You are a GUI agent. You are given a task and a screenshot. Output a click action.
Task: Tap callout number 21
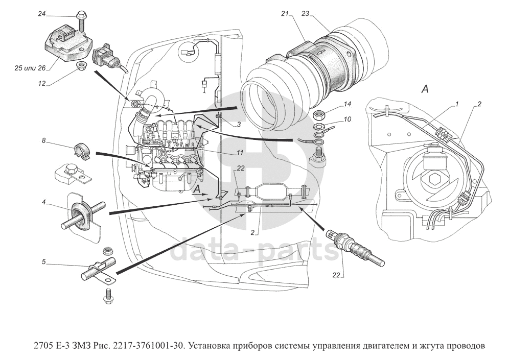285,14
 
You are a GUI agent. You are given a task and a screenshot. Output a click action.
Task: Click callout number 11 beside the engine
239,152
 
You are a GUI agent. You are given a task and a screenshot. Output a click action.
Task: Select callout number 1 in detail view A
458,104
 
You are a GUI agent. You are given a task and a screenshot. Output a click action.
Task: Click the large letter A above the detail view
424,89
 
